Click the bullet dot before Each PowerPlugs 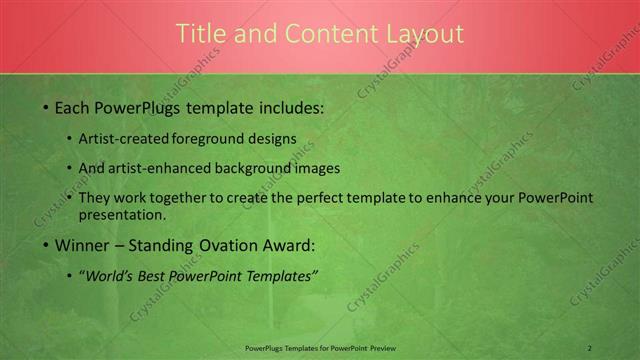click(x=45, y=107)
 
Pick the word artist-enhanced click(x=163, y=168)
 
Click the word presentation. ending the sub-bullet click(x=122, y=215)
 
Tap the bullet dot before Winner click(x=45, y=245)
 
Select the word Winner click(x=82, y=245)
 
